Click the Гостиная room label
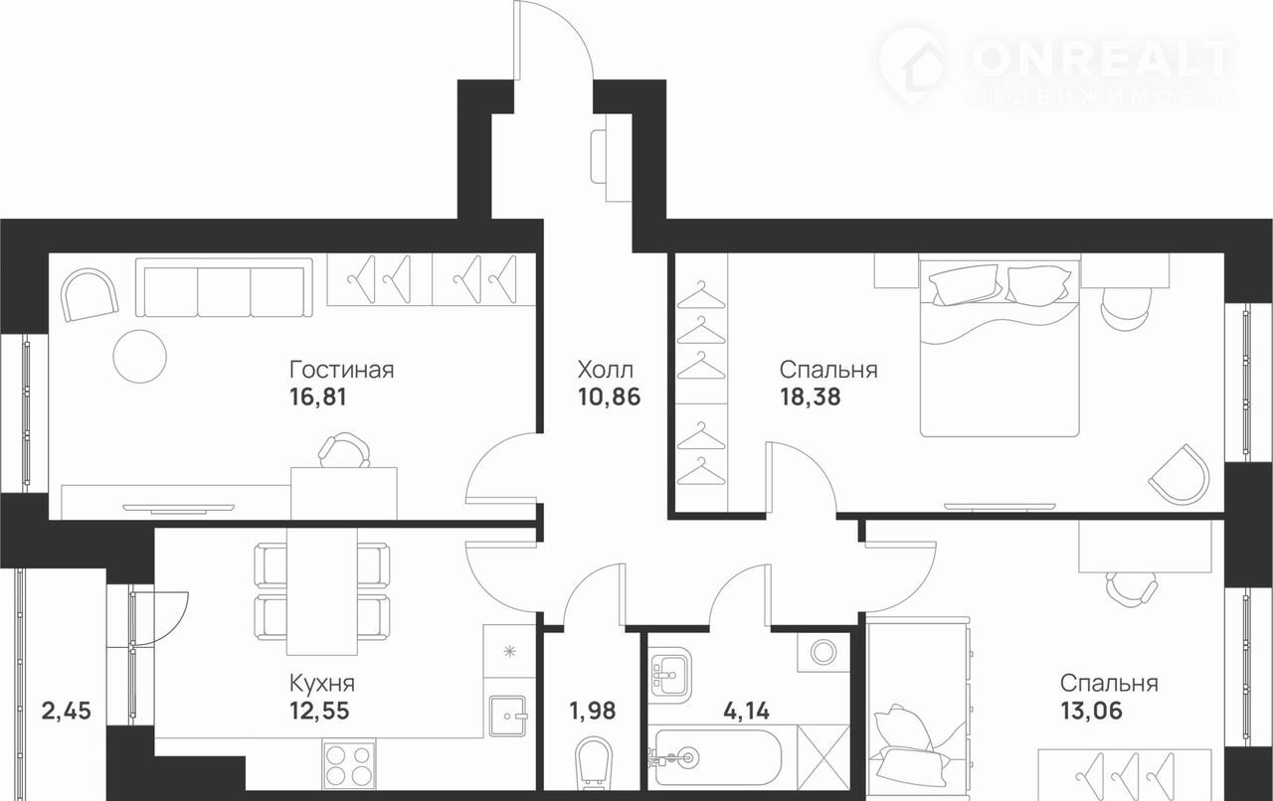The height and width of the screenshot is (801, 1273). click(341, 370)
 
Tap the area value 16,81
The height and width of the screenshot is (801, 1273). click(317, 398)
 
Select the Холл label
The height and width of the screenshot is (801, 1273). click(605, 370)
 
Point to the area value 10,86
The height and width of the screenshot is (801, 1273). click(609, 398)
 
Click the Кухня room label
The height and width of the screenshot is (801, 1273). click(322, 684)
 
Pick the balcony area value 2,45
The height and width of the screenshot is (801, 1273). click(66, 711)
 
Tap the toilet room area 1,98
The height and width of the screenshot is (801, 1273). click(592, 711)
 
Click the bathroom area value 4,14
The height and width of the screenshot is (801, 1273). click(746, 711)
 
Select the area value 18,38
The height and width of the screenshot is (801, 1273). click(810, 398)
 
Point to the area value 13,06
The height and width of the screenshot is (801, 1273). click(1091, 711)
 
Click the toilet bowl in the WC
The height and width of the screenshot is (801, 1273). click(594, 763)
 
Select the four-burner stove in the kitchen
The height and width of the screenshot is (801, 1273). click(349, 764)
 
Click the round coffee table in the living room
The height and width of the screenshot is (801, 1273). click(140, 356)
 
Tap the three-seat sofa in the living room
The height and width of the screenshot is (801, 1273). click(224, 288)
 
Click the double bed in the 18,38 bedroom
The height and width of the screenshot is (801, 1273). click(1000, 348)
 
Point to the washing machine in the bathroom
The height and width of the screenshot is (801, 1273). click(822, 652)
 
